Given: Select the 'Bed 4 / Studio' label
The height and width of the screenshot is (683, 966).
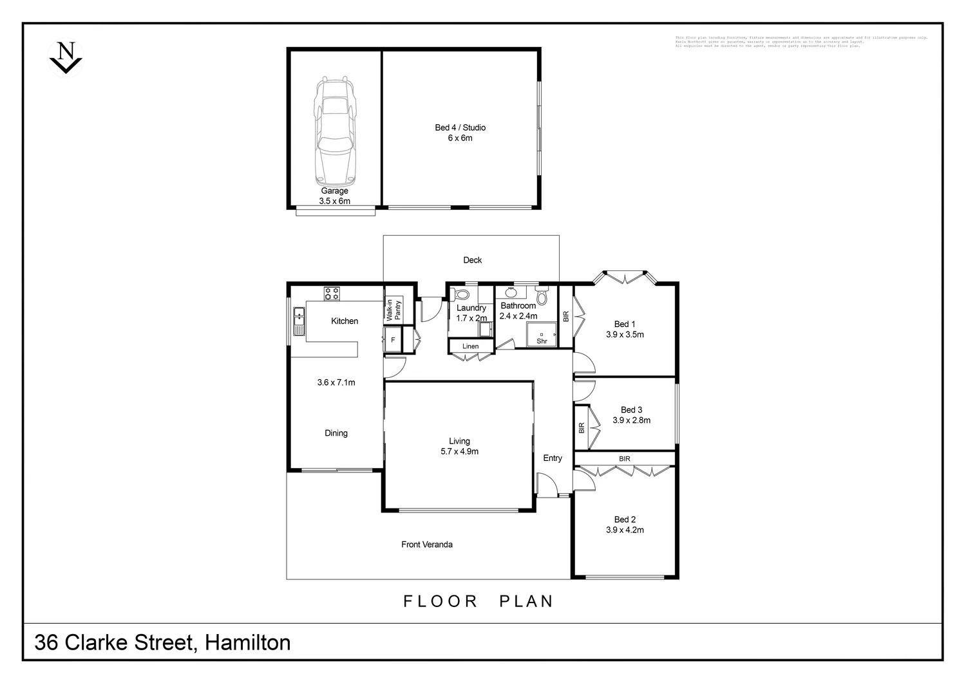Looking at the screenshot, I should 460,127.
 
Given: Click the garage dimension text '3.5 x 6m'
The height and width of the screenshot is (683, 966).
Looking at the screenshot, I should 334,201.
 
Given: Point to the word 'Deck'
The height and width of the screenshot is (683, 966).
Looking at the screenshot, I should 472,260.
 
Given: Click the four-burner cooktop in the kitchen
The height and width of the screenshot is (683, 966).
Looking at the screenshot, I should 332,294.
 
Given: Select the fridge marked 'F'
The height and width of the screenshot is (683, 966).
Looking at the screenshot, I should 393,339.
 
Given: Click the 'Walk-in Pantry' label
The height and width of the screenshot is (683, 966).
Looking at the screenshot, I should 393,310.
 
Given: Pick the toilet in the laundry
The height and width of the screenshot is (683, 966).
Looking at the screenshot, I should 461,295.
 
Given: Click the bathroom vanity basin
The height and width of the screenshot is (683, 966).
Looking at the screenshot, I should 511,294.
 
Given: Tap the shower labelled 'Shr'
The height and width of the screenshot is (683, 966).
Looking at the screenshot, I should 542,337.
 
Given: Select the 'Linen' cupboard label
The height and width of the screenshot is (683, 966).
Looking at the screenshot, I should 470,346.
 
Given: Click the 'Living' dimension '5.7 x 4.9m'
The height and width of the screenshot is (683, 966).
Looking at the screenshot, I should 459,451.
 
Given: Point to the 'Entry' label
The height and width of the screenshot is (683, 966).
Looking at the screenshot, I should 552,458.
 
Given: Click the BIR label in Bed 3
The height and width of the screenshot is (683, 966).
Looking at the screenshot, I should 582,427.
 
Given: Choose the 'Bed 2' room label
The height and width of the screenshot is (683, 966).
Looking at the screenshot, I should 625,519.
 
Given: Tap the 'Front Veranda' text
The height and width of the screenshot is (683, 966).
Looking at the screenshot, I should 426,545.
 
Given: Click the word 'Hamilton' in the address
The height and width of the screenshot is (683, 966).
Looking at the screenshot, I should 247,642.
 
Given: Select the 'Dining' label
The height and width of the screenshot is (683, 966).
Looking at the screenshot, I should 336,433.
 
